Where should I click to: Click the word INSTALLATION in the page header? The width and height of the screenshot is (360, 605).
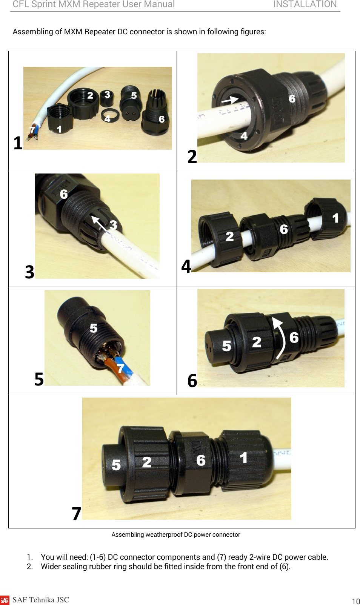pos(305,5)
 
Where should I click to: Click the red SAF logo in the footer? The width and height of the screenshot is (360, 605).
pos(5,600)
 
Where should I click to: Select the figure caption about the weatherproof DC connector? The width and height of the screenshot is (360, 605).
pos(175,534)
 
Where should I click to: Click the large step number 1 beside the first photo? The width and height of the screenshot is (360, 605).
pos(18,143)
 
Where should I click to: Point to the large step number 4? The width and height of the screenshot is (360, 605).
pos(186,266)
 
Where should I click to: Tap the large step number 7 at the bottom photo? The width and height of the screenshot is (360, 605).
pos(77,514)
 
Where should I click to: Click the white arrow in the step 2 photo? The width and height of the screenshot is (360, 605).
pos(229,100)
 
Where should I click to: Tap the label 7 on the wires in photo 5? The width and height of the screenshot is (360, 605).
pos(120,368)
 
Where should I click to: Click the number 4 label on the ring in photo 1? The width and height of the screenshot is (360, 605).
pos(108,119)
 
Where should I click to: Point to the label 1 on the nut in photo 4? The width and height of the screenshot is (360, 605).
pos(335,218)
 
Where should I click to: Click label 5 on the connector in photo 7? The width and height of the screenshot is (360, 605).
pos(116,465)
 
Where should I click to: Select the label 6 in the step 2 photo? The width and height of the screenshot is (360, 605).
pos(292,99)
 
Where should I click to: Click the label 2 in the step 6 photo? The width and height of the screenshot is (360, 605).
pos(257,342)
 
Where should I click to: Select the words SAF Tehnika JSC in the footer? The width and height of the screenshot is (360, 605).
pos(41,600)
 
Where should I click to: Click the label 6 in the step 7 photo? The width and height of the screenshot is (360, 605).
pos(201,460)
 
